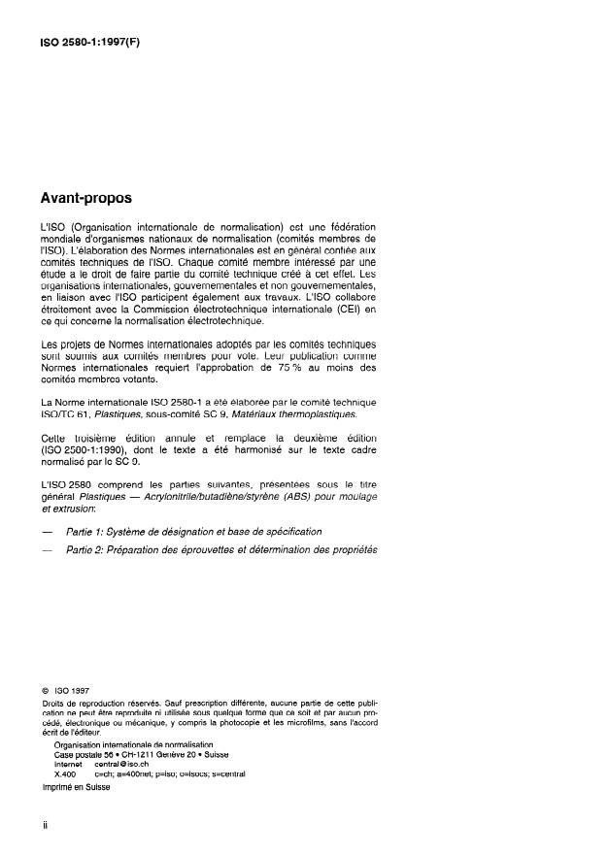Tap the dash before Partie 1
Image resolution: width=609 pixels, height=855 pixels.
coord(46,532)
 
